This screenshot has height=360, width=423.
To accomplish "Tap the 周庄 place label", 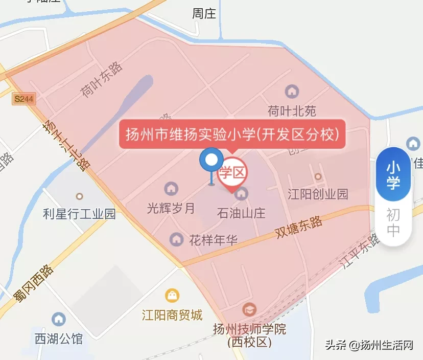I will [x=204, y=14].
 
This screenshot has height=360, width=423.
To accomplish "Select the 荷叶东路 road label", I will [x=102, y=79].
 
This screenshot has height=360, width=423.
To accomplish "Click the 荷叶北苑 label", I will [x=292, y=111].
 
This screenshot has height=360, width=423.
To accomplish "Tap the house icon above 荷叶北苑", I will [x=292, y=92].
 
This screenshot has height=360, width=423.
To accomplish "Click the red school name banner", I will [x=232, y=135].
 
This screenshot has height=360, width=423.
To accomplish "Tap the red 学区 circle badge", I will [x=232, y=173].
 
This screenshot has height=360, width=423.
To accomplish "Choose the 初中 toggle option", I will [x=393, y=222].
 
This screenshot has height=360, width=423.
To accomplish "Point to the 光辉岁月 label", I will [x=171, y=208].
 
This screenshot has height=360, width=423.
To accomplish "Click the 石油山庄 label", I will [x=241, y=212].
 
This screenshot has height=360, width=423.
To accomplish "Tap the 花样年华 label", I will [x=213, y=239].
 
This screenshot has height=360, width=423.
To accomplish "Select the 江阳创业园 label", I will [x=317, y=194].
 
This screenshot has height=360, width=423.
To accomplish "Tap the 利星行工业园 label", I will [x=79, y=213].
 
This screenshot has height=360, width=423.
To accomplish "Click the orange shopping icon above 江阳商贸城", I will [x=172, y=295].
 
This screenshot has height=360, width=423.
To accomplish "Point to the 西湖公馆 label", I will [x=58, y=338].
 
